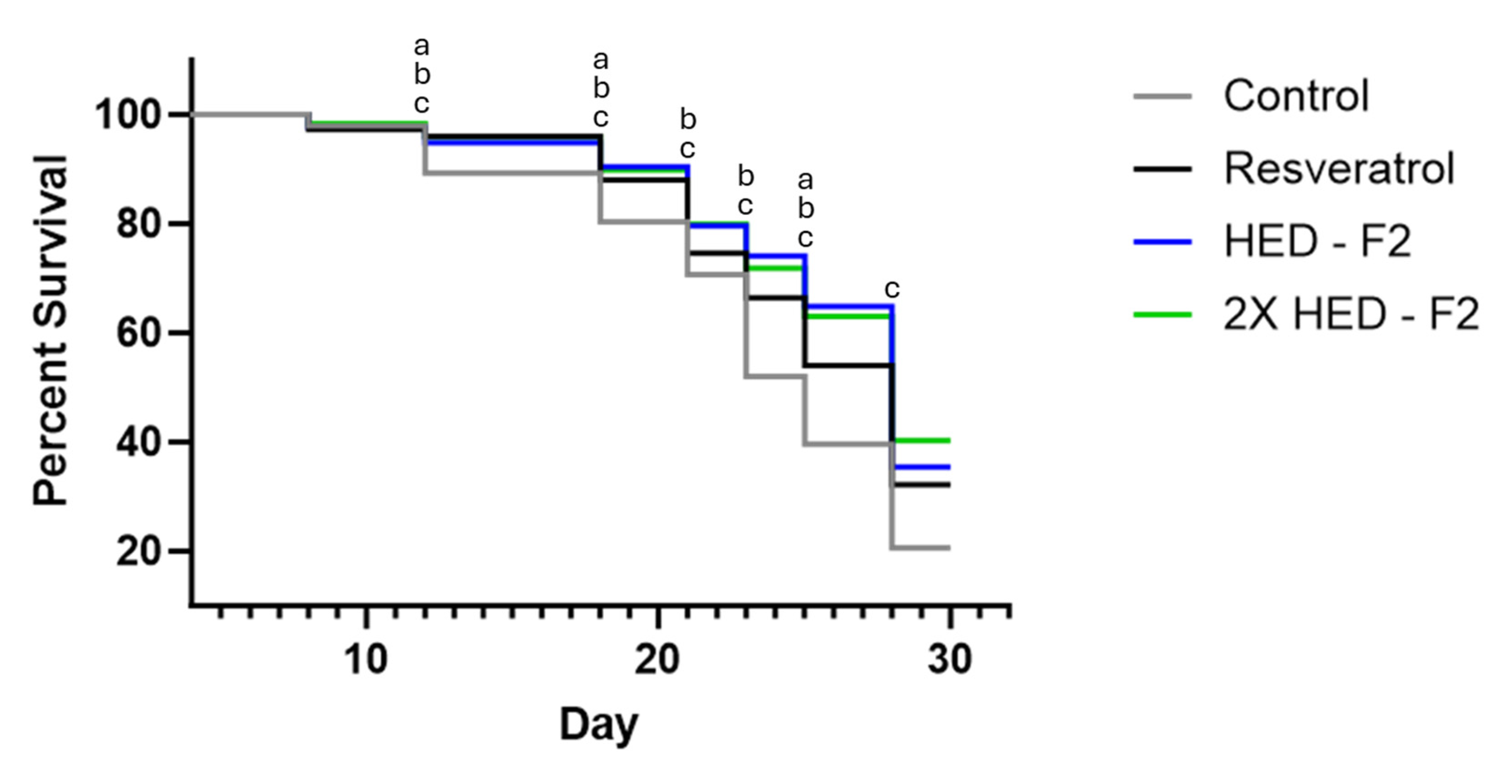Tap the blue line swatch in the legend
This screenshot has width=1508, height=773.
[x=1162, y=241]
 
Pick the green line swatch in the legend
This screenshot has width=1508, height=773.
[x=1162, y=315]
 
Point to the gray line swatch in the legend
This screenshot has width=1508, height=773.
[x=1162, y=96]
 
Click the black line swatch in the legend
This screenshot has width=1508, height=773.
[x=1162, y=169]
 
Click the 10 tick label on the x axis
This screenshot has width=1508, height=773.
[x=366, y=659]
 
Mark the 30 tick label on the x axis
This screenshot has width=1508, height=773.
[x=949, y=659]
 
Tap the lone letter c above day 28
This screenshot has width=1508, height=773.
[x=891, y=288]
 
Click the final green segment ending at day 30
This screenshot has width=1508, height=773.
[x=921, y=440]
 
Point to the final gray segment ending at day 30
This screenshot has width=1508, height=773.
[x=921, y=548]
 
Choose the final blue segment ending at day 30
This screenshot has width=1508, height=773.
[x=921, y=467]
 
